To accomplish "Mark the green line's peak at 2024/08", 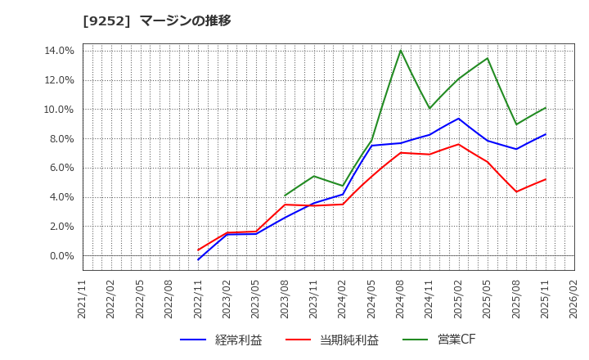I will coord(401,51).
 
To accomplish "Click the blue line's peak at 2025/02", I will coord(459,119).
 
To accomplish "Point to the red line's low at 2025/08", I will coord(516,191).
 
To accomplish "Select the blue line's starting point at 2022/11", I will coord(198,259).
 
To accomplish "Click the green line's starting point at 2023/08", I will coord(285,196).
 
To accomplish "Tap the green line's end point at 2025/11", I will coord(546,108).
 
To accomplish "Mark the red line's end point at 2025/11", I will coord(546,179).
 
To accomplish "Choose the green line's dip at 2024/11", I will coord(429,108).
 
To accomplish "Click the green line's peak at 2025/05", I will coord(488,58).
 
